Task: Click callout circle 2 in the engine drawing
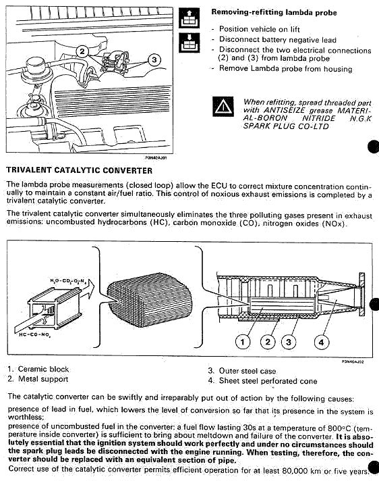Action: point(82,51)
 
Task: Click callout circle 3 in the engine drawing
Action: point(154,59)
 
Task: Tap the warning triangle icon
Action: point(223,107)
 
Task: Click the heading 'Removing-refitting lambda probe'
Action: point(274,13)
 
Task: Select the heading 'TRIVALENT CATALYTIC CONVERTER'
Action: point(80,170)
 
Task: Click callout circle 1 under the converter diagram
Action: point(243,342)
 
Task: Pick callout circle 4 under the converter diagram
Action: point(322,342)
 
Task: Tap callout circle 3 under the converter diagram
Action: point(289,342)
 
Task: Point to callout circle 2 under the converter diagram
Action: point(268,342)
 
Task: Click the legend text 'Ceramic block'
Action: point(43,369)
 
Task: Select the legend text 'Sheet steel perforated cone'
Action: point(268,381)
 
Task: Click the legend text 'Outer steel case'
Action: point(247,371)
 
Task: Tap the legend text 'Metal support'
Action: point(43,379)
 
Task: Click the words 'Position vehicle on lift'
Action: point(260,29)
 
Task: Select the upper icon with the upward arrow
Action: point(189,18)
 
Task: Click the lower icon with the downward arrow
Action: point(189,43)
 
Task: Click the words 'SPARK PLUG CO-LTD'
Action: point(286,126)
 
